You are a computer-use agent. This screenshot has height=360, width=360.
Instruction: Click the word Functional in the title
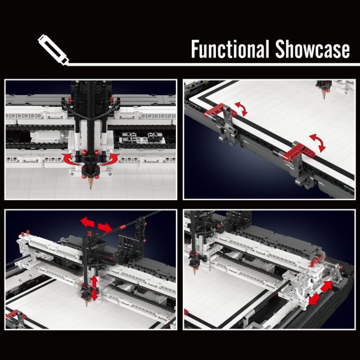coord(230,48)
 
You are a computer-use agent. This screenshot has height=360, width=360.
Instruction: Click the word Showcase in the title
coord(312,48)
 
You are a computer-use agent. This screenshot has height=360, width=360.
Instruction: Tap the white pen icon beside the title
coord(53,50)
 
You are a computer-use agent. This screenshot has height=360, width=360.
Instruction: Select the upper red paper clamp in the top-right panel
coord(220,110)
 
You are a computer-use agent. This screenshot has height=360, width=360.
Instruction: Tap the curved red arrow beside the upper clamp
coord(241,109)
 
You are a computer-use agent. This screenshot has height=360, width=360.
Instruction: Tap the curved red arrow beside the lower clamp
coord(318,143)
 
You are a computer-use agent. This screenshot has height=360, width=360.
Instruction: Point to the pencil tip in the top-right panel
coord(324,98)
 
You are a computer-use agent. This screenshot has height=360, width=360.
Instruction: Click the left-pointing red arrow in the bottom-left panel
coord(87,222)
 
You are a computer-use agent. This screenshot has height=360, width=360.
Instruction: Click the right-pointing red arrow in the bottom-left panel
coord(105,227)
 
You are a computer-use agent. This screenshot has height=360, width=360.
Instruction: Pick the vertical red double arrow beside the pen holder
coord(94,288)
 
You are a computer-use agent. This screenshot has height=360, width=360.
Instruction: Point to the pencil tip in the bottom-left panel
coord(87,306)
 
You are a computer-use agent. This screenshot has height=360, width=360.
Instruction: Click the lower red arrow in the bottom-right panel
coord(314,299)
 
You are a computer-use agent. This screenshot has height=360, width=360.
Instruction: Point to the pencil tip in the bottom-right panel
coord(194,272)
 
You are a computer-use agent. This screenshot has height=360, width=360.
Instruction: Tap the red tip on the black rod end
coord(122,227)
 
